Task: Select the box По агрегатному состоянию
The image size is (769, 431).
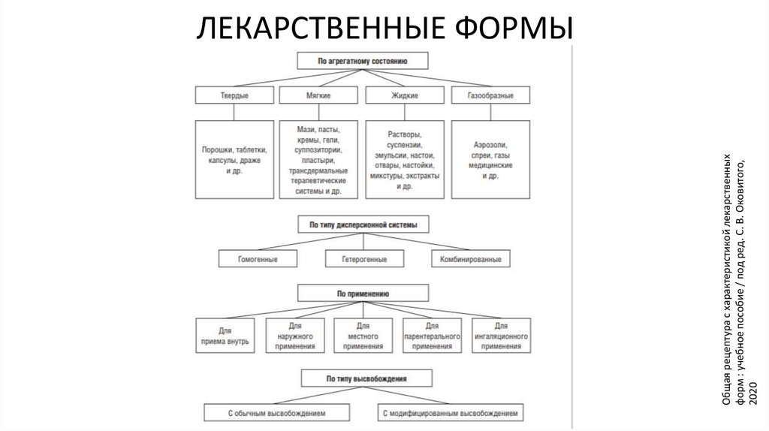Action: pyautogui.click(x=363, y=60)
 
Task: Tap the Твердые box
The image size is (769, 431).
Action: pyautogui.click(x=234, y=96)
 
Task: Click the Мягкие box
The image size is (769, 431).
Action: pyautogui.click(x=319, y=96)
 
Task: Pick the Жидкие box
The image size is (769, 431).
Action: pyautogui.click(x=405, y=96)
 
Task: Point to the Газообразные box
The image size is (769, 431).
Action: pyautogui.click(x=490, y=96)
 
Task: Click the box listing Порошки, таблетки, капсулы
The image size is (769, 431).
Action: pyautogui.click(x=234, y=159)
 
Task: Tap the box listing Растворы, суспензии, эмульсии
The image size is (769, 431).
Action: pyautogui.click(x=405, y=159)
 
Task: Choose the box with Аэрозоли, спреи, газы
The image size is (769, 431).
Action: pyautogui.click(x=490, y=159)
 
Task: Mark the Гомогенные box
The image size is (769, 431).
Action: pyautogui.click(x=258, y=259)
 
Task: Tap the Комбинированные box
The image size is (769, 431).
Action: pyautogui.click(x=466, y=259)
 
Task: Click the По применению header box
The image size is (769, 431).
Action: pyautogui.click(x=363, y=292)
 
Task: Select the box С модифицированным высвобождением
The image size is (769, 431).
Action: pyautogui.click(x=449, y=413)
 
